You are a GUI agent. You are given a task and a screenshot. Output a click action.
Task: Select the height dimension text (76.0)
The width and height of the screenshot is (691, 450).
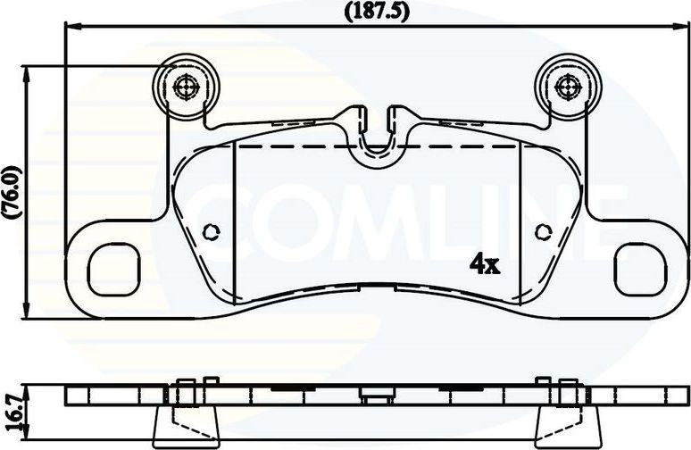12,192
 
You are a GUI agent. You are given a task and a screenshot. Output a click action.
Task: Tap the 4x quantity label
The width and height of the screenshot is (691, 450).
484,263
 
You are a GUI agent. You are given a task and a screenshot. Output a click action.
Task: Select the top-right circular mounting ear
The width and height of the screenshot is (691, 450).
568,87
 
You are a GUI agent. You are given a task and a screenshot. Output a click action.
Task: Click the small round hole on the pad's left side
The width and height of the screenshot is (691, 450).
211,232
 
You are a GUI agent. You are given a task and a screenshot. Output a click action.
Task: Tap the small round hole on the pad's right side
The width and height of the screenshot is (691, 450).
542,232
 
